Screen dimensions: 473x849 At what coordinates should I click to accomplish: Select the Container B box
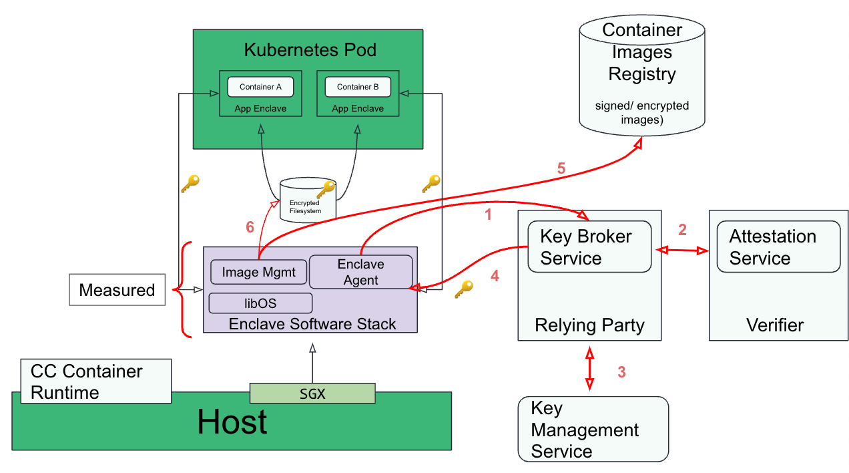click(358, 87)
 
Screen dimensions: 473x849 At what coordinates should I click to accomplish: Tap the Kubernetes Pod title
click(310, 50)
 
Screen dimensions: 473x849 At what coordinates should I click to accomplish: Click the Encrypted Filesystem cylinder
click(307, 199)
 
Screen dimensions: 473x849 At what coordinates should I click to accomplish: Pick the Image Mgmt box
click(258, 272)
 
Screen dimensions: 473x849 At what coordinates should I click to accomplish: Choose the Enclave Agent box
click(360, 272)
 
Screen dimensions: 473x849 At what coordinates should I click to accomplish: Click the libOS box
click(260, 303)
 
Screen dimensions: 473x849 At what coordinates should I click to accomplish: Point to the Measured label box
click(117, 290)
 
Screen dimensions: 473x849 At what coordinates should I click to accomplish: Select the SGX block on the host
click(312, 393)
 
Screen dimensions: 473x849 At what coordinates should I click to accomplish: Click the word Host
click(232, 422)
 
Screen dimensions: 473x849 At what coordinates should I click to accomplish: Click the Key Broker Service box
click(589, 247)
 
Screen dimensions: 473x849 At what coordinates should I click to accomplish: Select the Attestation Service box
click(778, 247)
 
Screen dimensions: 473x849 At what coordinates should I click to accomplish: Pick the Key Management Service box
click(593, 429)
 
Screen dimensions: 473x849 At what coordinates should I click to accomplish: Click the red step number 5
click(561, 169)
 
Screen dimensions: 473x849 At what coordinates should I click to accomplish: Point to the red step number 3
click(621, 372)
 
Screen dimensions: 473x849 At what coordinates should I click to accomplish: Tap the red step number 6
click(250, 228)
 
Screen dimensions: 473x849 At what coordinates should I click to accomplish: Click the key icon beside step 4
click(463, 289)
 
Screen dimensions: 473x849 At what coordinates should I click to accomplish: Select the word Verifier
click(774, 325)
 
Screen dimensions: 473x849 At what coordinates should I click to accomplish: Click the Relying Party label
click(589, 325)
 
